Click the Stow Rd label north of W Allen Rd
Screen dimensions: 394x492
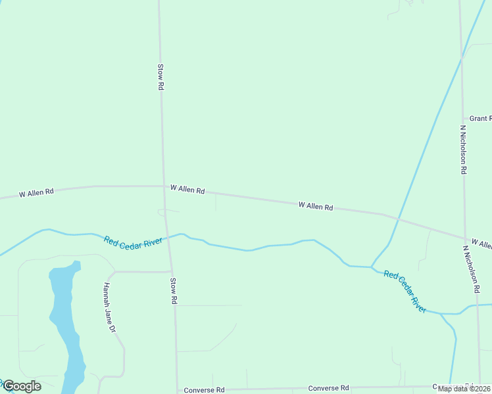tap(160, 77)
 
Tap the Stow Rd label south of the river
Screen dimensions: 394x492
tap(174, 290)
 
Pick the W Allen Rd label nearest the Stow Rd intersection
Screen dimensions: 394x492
tap(187, 189)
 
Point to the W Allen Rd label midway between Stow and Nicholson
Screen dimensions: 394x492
tap(316, 206)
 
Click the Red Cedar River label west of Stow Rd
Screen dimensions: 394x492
tap(133, 241)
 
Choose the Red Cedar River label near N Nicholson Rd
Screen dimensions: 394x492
tap(405, 292)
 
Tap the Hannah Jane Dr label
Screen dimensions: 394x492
tap(109, 307)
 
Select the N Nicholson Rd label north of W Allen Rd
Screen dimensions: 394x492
tap(463, 150)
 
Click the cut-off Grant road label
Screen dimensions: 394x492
tap(480, 119)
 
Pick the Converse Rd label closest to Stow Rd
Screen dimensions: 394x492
tap(204, 390)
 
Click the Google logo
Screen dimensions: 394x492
tap(22, 386)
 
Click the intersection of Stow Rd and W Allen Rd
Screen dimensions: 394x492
tap(164, 186)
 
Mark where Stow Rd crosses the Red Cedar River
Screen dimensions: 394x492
tap(169, 236)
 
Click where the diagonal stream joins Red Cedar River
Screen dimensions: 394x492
tap(372, 267)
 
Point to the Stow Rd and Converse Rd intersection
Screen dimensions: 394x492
tap(177, 389)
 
